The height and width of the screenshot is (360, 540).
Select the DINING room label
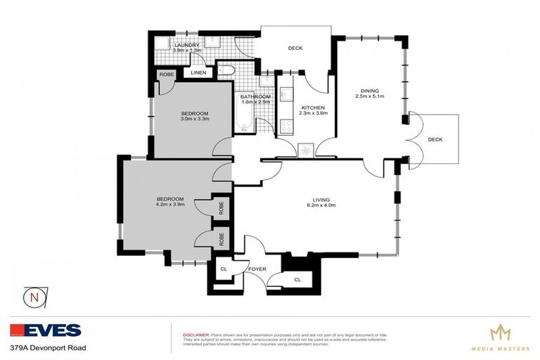coord(370,91)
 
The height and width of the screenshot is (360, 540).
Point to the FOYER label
coord(257,268)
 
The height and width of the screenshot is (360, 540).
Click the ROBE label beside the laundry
coord(167,74)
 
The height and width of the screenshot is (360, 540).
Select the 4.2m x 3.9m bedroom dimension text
coord(169,205)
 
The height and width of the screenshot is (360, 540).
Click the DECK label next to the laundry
coord(295,49)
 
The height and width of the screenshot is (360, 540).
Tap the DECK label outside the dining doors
coord(435,140)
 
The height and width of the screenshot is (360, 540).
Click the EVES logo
coord(46,330)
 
